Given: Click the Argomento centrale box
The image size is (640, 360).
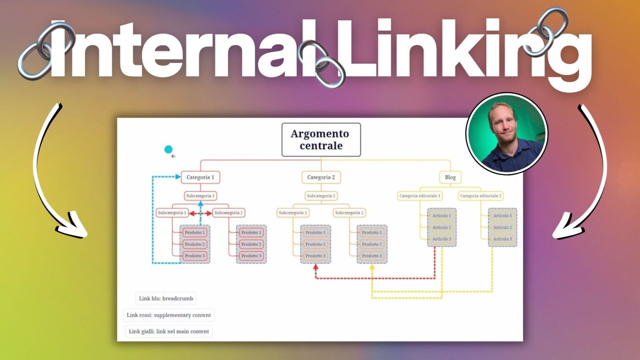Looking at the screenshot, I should click(x=321, y=140).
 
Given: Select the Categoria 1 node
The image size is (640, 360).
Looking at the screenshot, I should click(x=200, y=177).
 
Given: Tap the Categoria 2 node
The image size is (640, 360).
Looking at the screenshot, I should click(x=321, y=177).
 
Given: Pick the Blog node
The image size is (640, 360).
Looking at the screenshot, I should click(x=450, y=177).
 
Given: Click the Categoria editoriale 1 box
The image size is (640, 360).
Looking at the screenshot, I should click(x=420, y=196).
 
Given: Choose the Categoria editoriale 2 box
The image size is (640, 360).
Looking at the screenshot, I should click(x=480, y=196).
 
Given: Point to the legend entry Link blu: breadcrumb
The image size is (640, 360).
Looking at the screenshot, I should click(x=166, y=298).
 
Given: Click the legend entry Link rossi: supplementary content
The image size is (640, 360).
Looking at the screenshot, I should click(x=168, y=315).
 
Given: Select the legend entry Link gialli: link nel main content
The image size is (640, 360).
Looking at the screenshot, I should click(x=168, y=332).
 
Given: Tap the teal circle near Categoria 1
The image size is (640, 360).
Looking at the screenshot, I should click(x=168, y=149).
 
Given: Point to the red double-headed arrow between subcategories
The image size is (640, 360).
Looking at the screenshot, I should click(x=200, y=213).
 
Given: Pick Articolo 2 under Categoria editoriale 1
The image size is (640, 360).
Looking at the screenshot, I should click(x=442, y=227).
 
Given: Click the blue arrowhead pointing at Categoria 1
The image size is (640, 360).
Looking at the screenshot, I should click(x=178, y=177).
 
